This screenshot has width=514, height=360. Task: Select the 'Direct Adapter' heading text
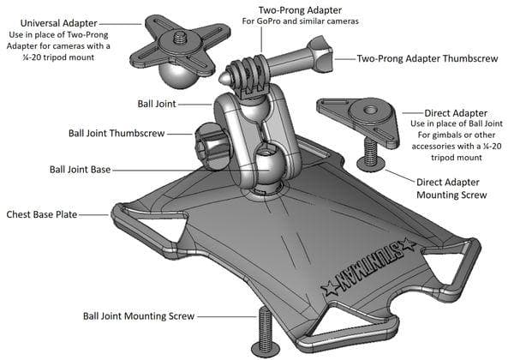(456, 113)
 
